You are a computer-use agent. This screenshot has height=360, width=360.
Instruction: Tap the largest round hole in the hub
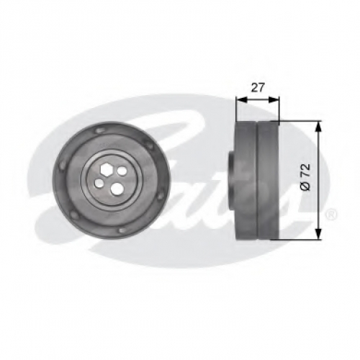coord(117,188)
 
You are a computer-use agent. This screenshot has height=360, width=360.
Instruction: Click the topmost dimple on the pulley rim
coord(99,130)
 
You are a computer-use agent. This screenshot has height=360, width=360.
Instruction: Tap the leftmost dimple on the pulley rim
coord(62,165)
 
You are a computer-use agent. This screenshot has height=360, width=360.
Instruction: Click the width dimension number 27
coord(258,88)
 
